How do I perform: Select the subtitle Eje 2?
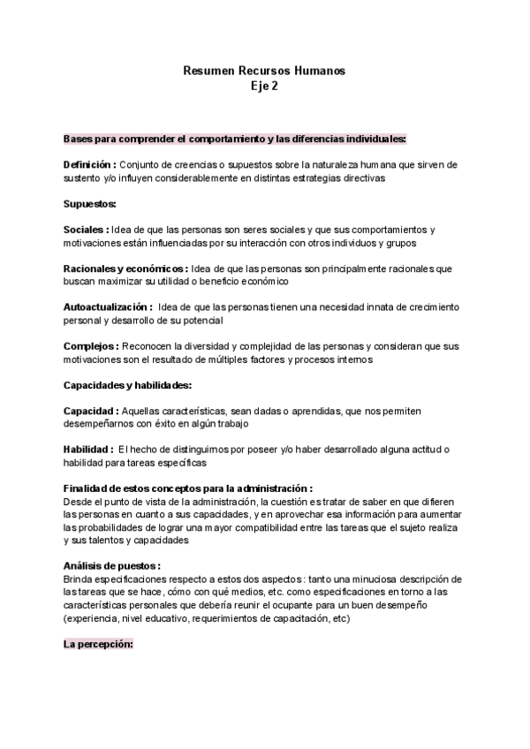(x=264, y=86)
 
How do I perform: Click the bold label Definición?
(x=88, y=165)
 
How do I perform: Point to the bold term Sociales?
(x=85, y=230)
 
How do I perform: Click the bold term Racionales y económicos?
(x=124, y=268)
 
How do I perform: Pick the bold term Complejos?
(x=91, y=345)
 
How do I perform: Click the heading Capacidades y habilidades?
(x=128, y=384)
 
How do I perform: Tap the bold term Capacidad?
(x=91, y=411)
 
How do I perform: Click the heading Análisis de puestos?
(x=111, y=566)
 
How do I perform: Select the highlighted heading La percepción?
(x=98, y=644)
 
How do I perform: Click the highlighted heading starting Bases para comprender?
(x=234, y=139)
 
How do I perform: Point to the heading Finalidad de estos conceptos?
(x=187, y=488)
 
